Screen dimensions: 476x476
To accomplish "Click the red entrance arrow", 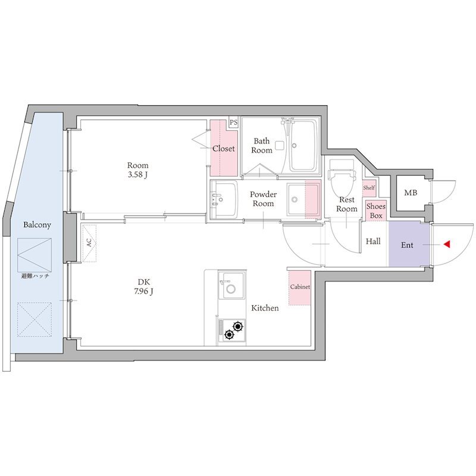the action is (x=446, y=244).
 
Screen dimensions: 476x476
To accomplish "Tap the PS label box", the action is (x=233, y=123).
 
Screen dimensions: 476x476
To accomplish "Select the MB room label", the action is (x=411, y=192).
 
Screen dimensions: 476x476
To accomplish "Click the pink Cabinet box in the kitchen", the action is (x=300, y=287).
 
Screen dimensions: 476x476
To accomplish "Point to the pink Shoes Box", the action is (x=376, y=211).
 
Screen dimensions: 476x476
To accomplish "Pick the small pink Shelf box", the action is (x=369, y=188).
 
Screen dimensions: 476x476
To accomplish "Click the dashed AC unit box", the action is (x=89, y=243).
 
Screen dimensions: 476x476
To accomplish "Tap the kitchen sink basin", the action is (x=231, y=286).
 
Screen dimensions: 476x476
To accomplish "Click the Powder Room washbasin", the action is (x=224, y=199).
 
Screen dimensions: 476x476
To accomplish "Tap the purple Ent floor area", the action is (x=409, y=245).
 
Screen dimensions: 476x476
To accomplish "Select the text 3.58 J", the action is (x=137, y=175).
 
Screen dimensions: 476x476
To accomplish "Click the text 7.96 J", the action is (x=143, y=292).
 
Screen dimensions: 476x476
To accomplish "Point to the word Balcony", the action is (x=37, y=225).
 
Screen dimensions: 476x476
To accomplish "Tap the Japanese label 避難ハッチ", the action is (x=35, y=276).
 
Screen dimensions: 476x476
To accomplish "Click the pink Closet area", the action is (x=224, y=148).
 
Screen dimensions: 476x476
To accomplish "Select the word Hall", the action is (x=373, y=242).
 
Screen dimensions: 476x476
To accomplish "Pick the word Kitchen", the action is (x=265, y=308).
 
